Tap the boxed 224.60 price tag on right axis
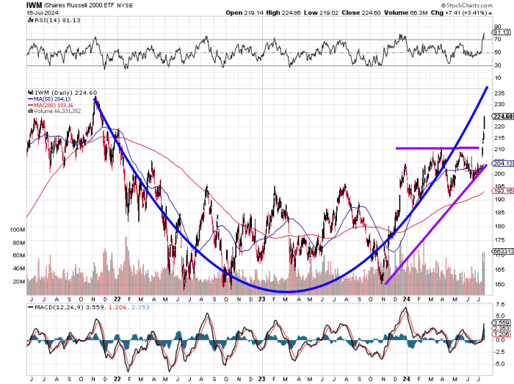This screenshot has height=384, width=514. (x=502, y=116)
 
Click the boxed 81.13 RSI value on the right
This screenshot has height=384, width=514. (x=502, y=32)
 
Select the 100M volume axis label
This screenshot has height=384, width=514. (x=15, y=229)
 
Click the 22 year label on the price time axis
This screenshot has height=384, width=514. (x=117, y=299)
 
